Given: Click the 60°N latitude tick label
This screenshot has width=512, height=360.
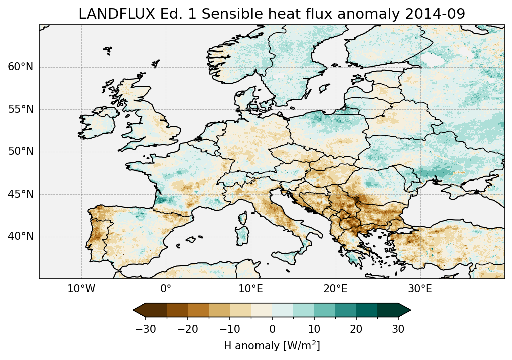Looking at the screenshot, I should (x=20, y=67).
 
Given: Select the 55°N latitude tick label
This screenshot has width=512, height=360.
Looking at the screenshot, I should (x=20, y=109).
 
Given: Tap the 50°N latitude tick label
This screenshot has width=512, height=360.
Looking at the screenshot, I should (x=20, y=152).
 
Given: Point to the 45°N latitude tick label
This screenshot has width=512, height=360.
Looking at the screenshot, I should (x=20, y=194).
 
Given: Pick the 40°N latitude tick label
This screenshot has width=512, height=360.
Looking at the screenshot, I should (x=20, y=236).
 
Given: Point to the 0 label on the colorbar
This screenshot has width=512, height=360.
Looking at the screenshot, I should (x=272, y=329).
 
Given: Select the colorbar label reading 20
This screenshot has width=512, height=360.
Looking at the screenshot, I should (x=356, y=329).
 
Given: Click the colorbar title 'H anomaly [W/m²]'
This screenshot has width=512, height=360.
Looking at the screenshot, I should (x=272, y=345).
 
